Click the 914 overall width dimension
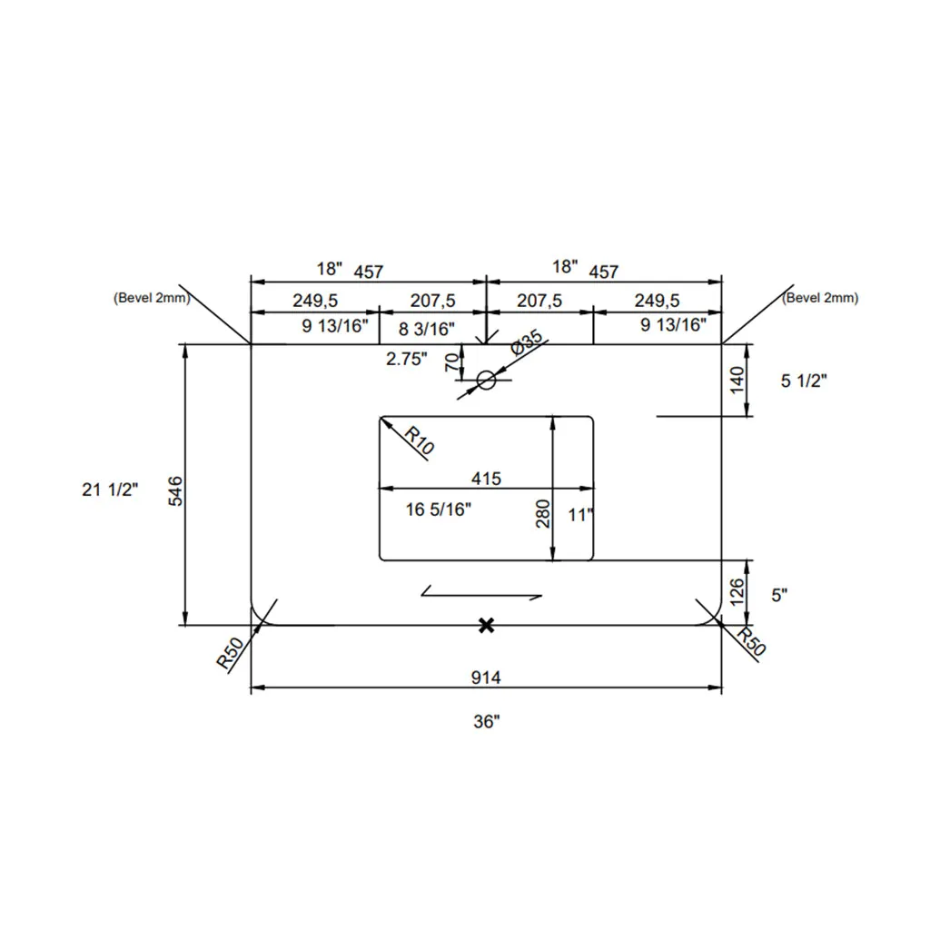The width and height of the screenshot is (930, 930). point(486,677)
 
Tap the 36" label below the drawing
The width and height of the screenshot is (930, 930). point(487,721)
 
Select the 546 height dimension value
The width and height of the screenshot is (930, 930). point(176,491)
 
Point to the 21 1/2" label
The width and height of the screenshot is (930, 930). point(110,490)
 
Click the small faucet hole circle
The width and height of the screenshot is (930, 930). point(487,381)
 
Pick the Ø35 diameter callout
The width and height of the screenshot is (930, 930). point(526,342)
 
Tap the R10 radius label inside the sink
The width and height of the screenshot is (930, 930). point(420,440)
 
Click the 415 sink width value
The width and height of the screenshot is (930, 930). point(487,478)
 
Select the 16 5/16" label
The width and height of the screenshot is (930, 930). point(439,509)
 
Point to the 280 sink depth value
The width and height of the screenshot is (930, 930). point(543,514)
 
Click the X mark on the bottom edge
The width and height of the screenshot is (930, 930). point(487,625)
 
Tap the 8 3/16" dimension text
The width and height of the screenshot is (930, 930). point(427,329)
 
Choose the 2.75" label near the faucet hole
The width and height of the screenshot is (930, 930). point(406,359)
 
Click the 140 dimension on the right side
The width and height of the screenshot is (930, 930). point(737,381)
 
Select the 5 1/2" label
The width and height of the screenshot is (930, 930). point(804,381)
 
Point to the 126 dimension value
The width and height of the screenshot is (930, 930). point(737,592)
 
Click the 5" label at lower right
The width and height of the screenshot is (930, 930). point(779,595)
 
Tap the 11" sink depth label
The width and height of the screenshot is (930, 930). point(580,515)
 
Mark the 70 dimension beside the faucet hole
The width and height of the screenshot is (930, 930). point(452,361)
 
